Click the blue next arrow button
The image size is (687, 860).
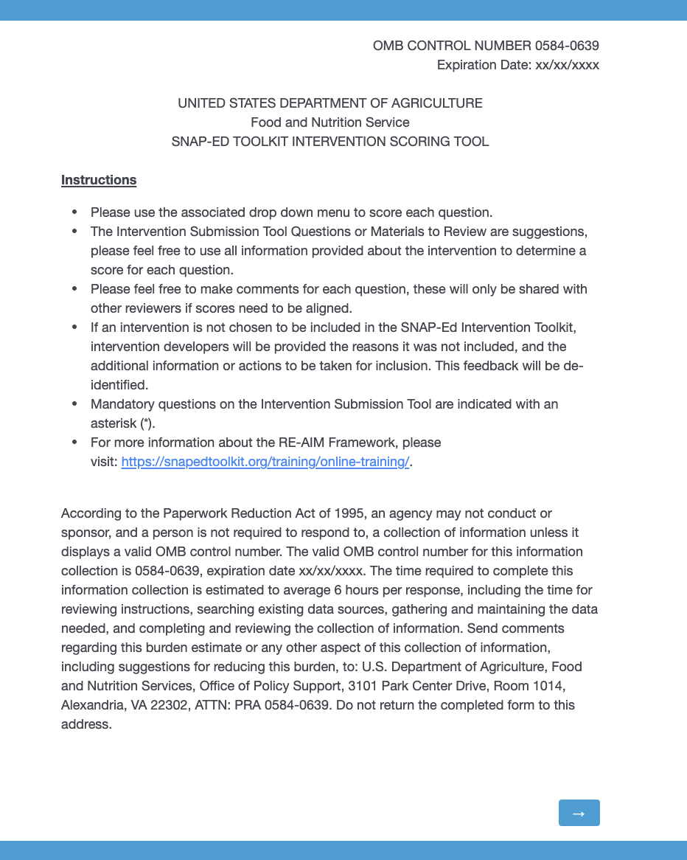[579, 813]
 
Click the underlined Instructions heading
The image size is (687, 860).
[99, 180]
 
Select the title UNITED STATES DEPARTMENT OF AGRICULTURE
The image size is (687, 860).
[329, 103]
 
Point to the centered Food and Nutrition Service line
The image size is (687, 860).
[329, 122]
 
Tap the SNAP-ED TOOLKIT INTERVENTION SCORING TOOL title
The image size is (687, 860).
[329, 142]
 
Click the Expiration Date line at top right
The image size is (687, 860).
[517, 65]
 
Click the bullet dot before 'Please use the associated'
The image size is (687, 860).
[74, 212]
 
